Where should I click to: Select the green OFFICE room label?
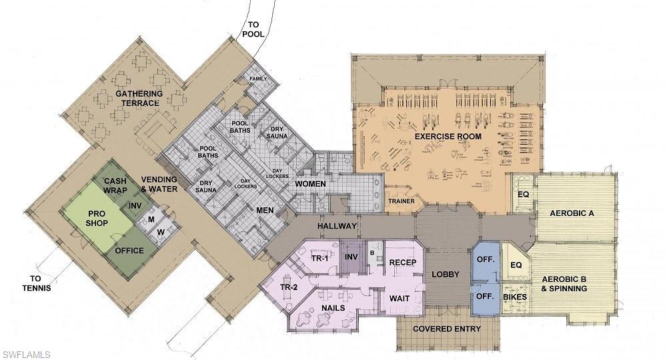[129, 251]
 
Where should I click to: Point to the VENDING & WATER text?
[158, 184]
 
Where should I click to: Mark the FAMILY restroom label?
[258, 78]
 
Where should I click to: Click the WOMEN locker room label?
[310, 183]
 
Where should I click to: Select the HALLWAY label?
[338, 226]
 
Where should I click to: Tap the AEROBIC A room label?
[572, 213]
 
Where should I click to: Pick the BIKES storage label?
[515, 297]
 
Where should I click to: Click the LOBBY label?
[445, 274]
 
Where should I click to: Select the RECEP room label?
[403, 263]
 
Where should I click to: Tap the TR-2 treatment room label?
[289, 287]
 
